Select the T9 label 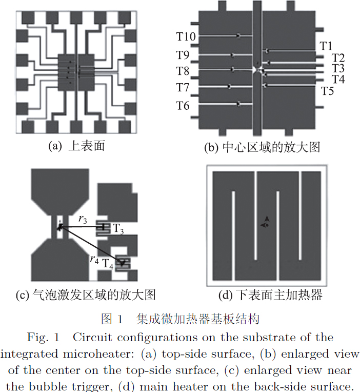pos(183,55)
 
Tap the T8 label pos(183,71)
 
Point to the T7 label pos(183,88)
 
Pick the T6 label pos(183,106)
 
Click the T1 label pos(327,46)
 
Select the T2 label pos(338,57)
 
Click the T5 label pos(328,91)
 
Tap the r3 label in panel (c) pos(82,219)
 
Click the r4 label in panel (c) pos(93,260)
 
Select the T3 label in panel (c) pos(118,228)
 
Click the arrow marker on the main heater pos(266,222)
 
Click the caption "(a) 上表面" pos(76,146)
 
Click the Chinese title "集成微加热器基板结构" pos(198,320)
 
